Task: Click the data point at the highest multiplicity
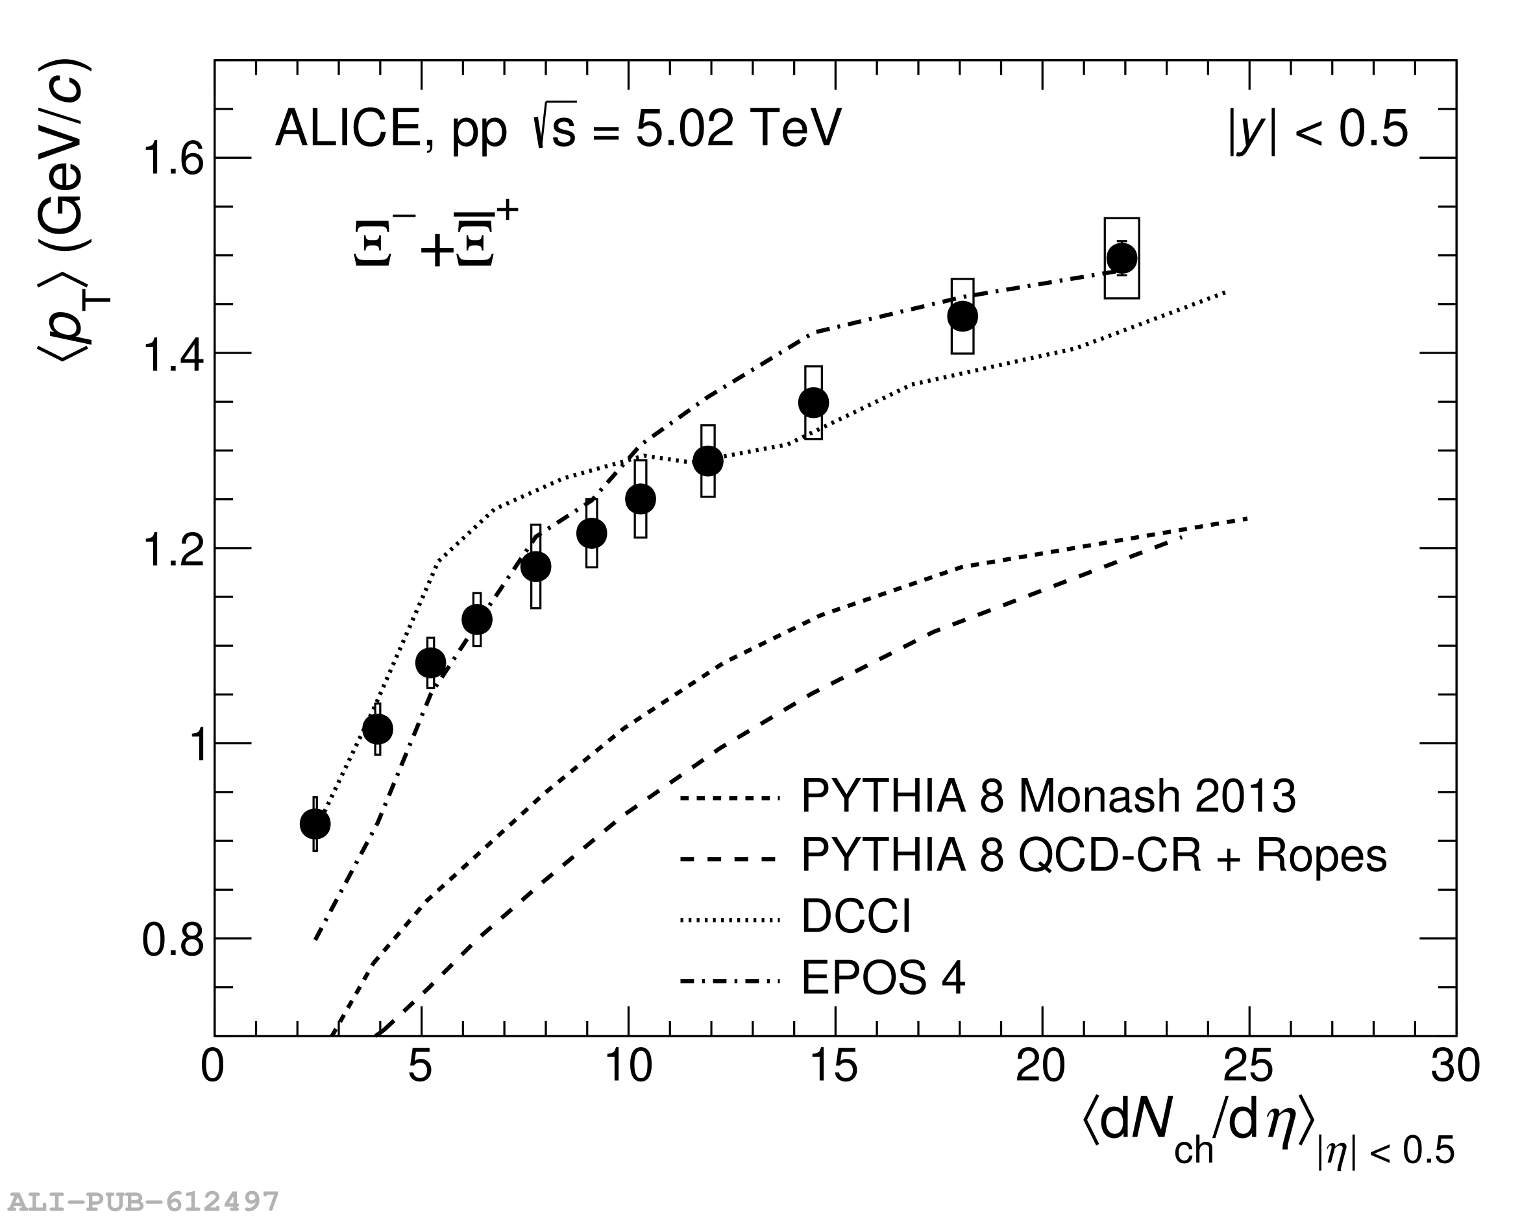click(1122, 258)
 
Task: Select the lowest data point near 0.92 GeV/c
click(315, 824)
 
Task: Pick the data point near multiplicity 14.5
click(813, 402)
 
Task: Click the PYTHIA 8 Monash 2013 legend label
click(1048, 795)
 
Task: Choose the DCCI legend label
click(855, 916)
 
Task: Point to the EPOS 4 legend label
click(883, 978)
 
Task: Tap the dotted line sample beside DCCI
click(730, 921)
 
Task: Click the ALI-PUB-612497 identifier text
click(143, 1201)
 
